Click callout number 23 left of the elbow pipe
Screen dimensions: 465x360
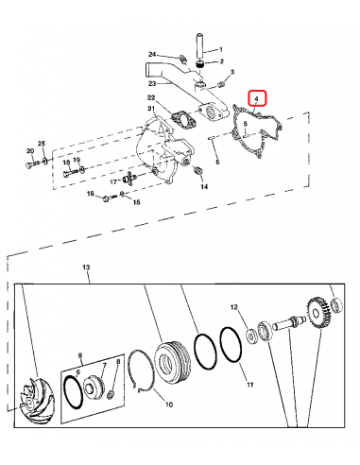point(152,81)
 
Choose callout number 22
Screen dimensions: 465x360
point(150,98)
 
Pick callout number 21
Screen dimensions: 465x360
point(149,110)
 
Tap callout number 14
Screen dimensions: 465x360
point(203,187)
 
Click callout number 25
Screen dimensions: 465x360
point(41,143)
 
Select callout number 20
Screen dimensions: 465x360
point(29,151)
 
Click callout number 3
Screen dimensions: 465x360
point(231,85)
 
